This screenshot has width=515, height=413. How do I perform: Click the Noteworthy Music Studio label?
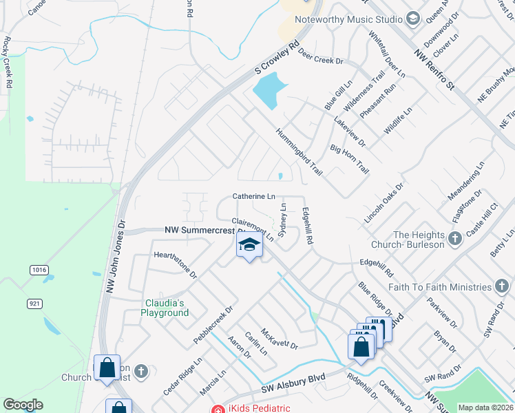click(x=348, y=19)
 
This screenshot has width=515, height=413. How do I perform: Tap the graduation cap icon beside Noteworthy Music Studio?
click(x=413, y=19)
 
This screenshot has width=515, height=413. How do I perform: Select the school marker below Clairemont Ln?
click(x=249, y=246)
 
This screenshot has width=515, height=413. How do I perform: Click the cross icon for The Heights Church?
click(x=454, y=239)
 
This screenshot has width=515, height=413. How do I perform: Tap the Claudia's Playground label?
click(x=165, y=308)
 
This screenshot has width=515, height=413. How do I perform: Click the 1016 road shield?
click(x=39, y=271)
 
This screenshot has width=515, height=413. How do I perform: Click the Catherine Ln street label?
click(x=253, y=196)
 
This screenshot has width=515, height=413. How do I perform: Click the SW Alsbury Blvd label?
click(x=293, y=384)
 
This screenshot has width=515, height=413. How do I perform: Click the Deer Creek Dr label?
click(x=319, y=61)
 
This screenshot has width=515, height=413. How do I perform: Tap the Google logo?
click(x=23, y=405)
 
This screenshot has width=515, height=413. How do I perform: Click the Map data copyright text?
click(x=485, y=407)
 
